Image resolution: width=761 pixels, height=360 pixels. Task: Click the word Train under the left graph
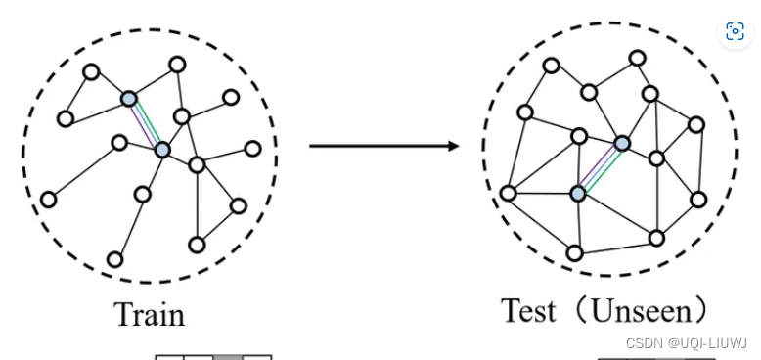point(149,314)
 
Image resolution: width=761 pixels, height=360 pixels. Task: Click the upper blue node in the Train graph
point(129,98)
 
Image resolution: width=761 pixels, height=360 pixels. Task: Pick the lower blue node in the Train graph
point(162,150)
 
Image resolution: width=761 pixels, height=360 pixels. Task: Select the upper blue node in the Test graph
point(621,144)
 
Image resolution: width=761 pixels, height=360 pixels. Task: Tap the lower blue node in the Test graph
point(578,194)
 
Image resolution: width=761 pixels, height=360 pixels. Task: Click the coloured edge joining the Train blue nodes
point(146,123)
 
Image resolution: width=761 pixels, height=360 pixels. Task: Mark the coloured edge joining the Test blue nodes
point(600,168)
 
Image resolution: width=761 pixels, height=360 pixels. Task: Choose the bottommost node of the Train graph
point(114,259)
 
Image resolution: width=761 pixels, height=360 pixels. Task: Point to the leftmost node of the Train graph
point(48,200)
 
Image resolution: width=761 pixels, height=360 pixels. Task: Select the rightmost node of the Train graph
point(252,149)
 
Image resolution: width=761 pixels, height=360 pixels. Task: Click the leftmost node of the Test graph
point(508,193)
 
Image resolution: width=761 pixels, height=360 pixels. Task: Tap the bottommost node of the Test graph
point(574,253)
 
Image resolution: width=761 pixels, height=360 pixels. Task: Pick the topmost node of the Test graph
point(637,58)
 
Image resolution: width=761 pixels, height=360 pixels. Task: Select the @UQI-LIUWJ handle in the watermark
point(707,343)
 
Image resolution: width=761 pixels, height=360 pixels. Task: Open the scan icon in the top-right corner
point(735,31)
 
